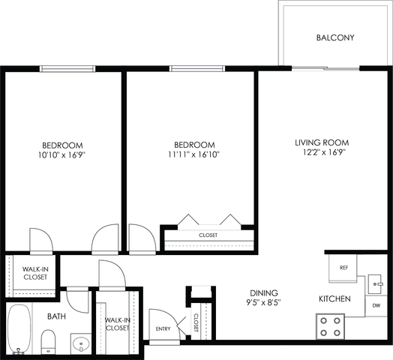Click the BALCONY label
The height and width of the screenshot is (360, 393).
click(335, 37)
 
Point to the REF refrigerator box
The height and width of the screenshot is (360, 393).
click(343, 268)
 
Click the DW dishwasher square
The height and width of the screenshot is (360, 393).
click(376, 305)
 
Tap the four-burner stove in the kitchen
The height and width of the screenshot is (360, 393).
click(330, 327)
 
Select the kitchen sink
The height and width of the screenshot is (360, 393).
click(375, 284)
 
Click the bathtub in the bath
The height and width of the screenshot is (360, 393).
click(19, 329)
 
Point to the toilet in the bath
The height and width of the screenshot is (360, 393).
click(48, 342)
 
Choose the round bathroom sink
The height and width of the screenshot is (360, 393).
click(80, 343)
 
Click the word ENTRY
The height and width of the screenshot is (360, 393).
click(163, 328)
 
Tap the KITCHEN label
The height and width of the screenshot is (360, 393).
click(334, 298)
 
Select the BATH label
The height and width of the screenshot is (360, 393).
click(57, 316)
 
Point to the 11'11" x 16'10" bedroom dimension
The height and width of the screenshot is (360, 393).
click(194, 154)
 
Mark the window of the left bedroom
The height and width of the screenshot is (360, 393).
click(67, 69)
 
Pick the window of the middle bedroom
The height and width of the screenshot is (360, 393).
click(197, 68)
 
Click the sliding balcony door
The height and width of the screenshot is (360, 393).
click(325, 68)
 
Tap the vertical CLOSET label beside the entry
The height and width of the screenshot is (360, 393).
click(196, 322)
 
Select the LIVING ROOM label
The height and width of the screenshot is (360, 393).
click(322, 142)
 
